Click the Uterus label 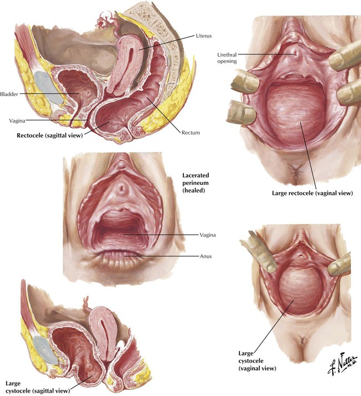(204, 36)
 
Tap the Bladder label (9, 94)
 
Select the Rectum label (190, 133)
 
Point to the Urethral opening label (227, 58)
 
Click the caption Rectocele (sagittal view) (50, 136)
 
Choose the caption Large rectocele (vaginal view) (312, 193)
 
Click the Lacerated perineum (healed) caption (195, 183)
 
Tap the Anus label (205, 257)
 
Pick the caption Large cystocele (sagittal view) (37, 387)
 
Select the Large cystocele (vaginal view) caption (257, 361)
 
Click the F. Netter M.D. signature (343, 364)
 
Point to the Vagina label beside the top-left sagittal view (17, 121)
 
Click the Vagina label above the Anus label (208, 235)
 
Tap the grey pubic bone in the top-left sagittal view (48, 88)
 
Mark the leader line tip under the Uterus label (139, 50)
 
